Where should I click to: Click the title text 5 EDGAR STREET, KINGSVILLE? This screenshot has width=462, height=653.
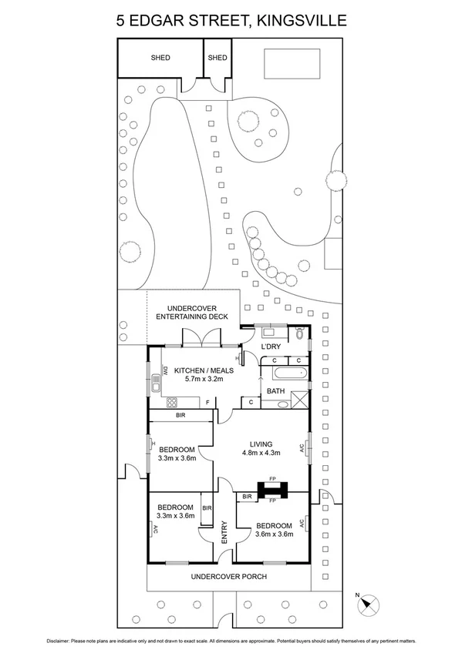click(231, 21)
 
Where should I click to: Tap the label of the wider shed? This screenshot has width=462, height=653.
click(160, 58)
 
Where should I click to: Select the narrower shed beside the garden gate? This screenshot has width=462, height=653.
click(218, 58)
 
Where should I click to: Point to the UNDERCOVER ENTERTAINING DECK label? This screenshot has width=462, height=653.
click(192, 312)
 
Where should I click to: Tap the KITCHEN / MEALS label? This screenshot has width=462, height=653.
click(204, 370)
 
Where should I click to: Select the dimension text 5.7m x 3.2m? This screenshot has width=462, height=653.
click(204, 380)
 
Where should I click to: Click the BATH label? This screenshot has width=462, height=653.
click(276, 391)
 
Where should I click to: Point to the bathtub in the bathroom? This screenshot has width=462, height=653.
click(285, 375)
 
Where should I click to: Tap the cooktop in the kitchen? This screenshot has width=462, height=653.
click(171, 401)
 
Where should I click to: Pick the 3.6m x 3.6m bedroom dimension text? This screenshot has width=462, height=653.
click(275, 534)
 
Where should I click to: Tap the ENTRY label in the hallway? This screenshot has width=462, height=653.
click(224, 534)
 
